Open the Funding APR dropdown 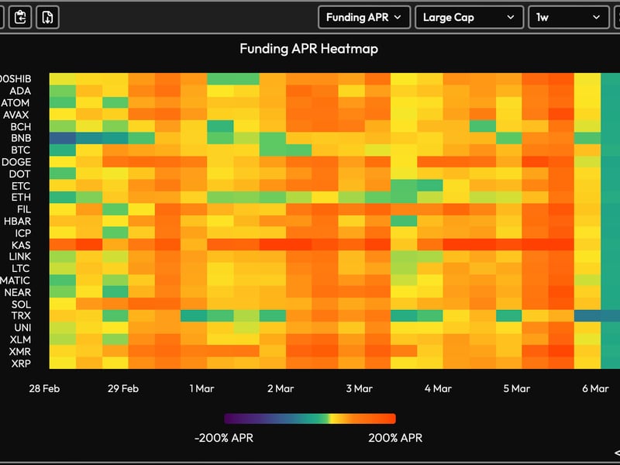(363, 17)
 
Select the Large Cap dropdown (469, 17)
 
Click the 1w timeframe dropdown (567, 17)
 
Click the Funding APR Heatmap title (308, 49)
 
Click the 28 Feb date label (45, 388)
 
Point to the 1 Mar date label (201, 388)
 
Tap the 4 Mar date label (437, 388)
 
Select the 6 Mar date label (594, 388)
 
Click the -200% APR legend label (223, 438)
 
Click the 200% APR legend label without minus (395, 438)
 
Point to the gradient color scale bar (310, 418)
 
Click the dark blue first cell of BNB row (62, 138)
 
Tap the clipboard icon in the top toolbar (21, 17)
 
